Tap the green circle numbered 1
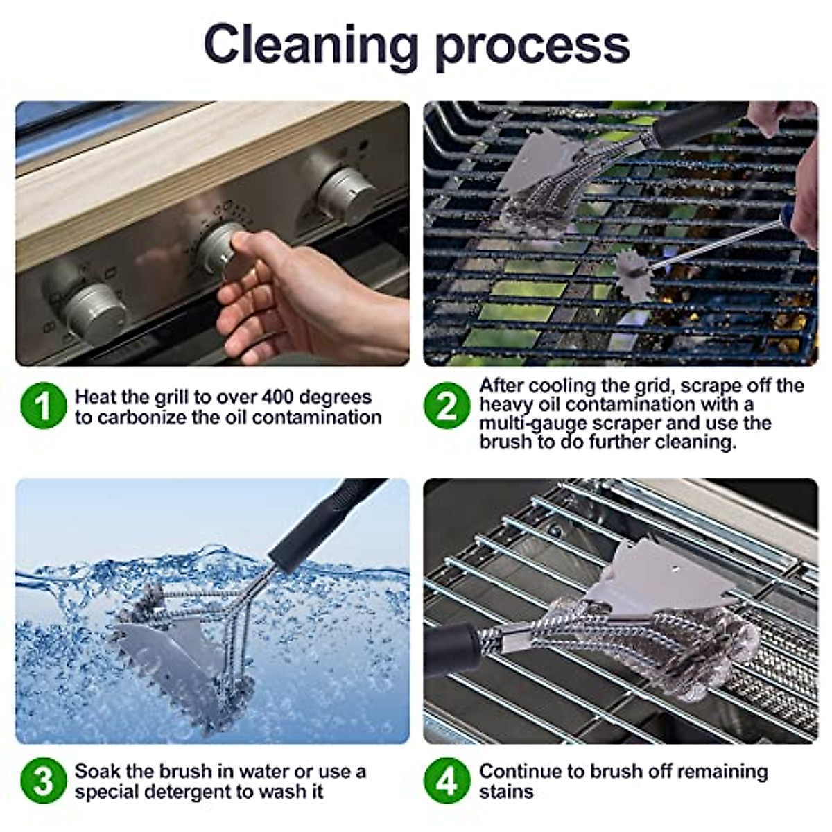[43, 406]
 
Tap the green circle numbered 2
[447, 406]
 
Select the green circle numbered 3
[43, 781]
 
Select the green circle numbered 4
[447, 781]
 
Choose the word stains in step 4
[506, 792]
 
